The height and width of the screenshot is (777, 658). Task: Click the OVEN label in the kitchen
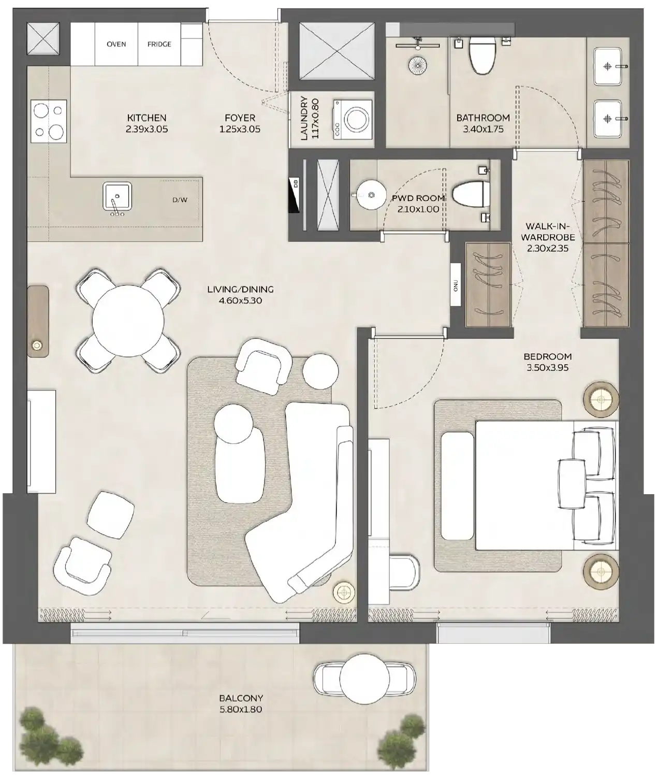(x=116, y=44)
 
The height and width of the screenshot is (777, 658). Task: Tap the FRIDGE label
(x=159, y=44)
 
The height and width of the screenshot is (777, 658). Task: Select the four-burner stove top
(x=49, y=121)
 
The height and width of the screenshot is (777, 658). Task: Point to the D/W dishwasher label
(x=180, y=200)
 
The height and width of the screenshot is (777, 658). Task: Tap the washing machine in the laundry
(x=355, y=119)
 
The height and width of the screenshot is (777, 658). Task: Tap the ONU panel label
(x=456, y=285)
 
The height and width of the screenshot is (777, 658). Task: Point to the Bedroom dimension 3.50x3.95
(x=547, y=368)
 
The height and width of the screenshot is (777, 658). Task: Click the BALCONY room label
(x=240, y=698)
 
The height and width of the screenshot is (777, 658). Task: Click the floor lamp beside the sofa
(x=343, y=591)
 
